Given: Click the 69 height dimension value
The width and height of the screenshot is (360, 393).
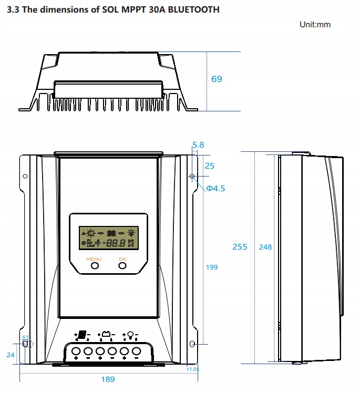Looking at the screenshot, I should click(217, 79).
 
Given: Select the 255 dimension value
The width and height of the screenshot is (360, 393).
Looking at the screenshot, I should click(240, 247).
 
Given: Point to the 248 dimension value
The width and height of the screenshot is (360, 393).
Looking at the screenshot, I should click(265, 247).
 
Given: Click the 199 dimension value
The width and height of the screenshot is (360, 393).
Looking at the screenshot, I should click(212, 267).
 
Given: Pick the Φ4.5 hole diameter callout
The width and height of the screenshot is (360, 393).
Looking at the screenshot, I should click(215, 189).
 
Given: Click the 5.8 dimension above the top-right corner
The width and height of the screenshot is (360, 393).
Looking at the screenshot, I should click(198, 144).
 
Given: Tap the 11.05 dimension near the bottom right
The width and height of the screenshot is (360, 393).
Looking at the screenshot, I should click(193, 369).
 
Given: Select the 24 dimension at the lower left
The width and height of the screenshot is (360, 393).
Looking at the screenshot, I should click(11, 355).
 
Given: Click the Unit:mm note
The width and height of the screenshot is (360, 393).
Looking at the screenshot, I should click(315, 25).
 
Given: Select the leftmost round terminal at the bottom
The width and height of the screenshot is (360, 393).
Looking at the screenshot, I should click(76, 350).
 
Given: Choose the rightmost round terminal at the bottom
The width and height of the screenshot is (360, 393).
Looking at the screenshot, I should click(136, 350).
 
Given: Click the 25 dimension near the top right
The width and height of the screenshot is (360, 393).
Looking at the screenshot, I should click(209, 166).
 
